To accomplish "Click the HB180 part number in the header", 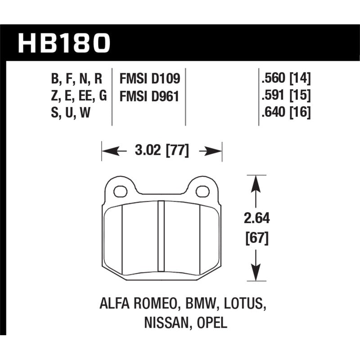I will tap(64, 43).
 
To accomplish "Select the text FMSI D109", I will tap(149, 79).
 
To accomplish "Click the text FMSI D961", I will tap(149, 96).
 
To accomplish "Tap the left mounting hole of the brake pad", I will tap(120, 191).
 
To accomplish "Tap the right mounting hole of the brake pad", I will tap(203, 191).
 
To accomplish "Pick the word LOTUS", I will tap(243, 305).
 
